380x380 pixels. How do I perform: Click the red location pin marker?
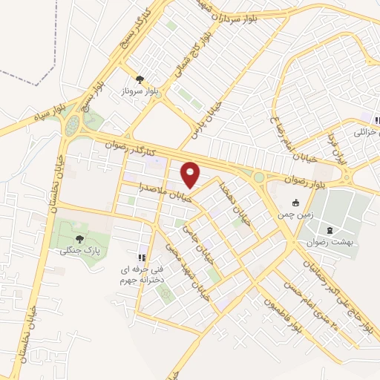[x=191, y=174]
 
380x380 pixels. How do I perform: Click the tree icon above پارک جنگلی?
[x=79, y=238]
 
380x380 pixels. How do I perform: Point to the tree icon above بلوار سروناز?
[x=140, y=78]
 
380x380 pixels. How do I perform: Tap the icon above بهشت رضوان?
[x=330, y=230]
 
